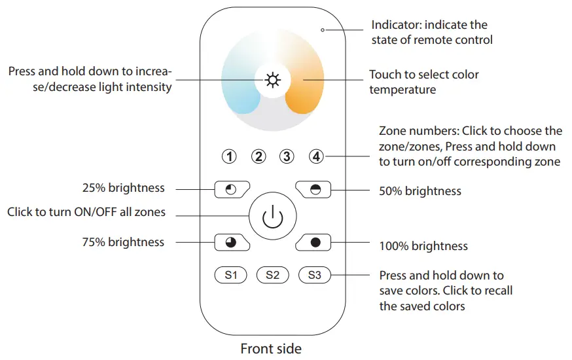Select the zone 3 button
287,156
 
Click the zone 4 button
317,156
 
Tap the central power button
272,217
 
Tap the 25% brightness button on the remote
231,190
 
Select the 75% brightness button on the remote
231,242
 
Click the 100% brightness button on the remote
315,242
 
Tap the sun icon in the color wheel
272,81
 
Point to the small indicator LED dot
323,29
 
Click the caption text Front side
271,348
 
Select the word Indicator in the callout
395,25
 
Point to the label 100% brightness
423,246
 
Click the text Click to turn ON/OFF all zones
86,212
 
